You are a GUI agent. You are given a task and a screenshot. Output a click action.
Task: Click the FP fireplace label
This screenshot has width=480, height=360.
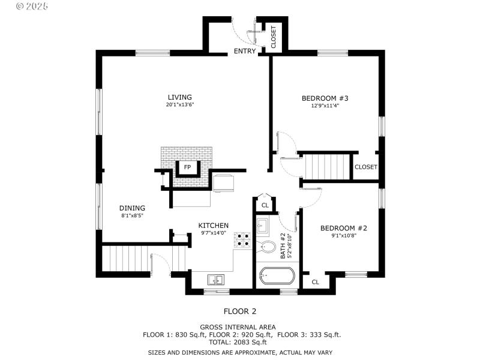point(187,167)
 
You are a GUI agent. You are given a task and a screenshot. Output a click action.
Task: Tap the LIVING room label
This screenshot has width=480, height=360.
point(179,97)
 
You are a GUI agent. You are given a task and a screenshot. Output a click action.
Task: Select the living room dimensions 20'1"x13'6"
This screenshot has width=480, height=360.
point(179,105)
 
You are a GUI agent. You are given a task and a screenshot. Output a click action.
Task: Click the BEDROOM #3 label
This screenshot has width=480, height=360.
point(325,98)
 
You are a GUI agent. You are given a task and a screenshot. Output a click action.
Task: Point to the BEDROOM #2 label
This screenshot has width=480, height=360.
point(343,228)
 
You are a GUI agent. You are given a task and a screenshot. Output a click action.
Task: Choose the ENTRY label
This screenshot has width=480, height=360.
point(245,52)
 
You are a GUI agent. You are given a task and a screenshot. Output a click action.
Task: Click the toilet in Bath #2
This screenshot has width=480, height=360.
point(268,248)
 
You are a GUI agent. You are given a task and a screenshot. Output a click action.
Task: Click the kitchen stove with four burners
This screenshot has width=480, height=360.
point(243,240)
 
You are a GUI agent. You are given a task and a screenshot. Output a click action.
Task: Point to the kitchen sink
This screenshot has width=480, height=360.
point(215,279)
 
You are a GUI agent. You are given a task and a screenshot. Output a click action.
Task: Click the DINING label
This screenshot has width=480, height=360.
point(132,208)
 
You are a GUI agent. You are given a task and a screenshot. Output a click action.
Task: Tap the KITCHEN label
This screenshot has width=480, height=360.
point(214,226)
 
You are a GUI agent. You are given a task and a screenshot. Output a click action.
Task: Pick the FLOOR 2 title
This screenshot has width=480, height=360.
point(240,311)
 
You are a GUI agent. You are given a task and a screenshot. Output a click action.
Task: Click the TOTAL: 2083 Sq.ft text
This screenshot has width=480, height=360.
point(242,341)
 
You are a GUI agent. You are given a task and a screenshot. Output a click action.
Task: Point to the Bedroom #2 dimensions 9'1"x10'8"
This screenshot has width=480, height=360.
point(343,236)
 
